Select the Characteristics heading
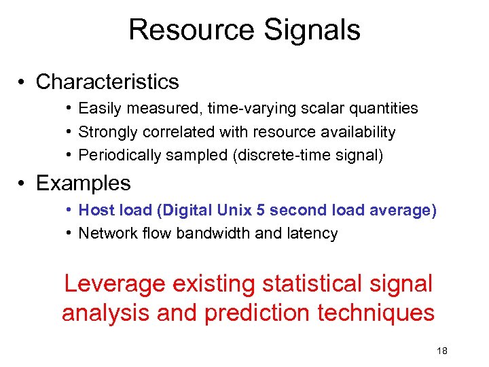(107, 82)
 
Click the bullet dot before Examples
(22, 183)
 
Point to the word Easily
(98, 108)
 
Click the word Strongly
(105, 132)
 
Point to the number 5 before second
(261, 210)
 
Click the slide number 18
(441, 351)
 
